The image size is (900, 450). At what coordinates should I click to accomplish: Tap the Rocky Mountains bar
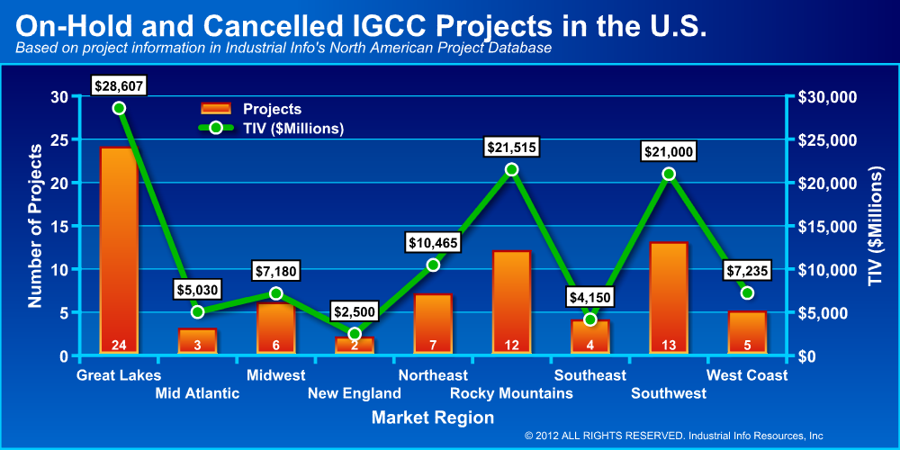click(x=511, y=302)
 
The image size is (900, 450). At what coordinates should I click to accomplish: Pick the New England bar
click(x=355, y=345)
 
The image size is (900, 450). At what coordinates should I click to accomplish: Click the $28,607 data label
click(x=119, y=85)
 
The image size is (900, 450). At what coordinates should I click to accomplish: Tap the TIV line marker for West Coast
click(x=747, y=292)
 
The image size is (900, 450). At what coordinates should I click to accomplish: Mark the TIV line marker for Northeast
click(x=433, y=265)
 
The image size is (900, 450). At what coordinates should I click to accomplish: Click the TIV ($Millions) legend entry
click(x=270, y=128)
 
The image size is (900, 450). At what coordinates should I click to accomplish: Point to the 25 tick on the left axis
click(x=59, y=139)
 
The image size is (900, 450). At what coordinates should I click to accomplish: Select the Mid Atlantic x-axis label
click(x=197, y=393)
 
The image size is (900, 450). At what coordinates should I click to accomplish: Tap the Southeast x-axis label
click(x=590, y=375)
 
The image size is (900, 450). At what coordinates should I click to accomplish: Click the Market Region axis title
click(x=432, y=418)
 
